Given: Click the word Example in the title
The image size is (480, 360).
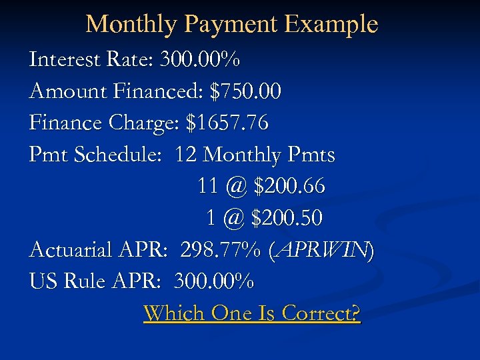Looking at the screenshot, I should (x=331, y=25).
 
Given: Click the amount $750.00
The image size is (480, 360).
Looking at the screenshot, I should (x=245, y=91).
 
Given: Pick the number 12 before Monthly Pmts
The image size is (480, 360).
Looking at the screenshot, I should (x=186, y=155).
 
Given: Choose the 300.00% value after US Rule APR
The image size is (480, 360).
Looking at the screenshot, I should (x=213, y=281).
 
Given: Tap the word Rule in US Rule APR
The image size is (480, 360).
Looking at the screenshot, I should (x=82, y=281).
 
